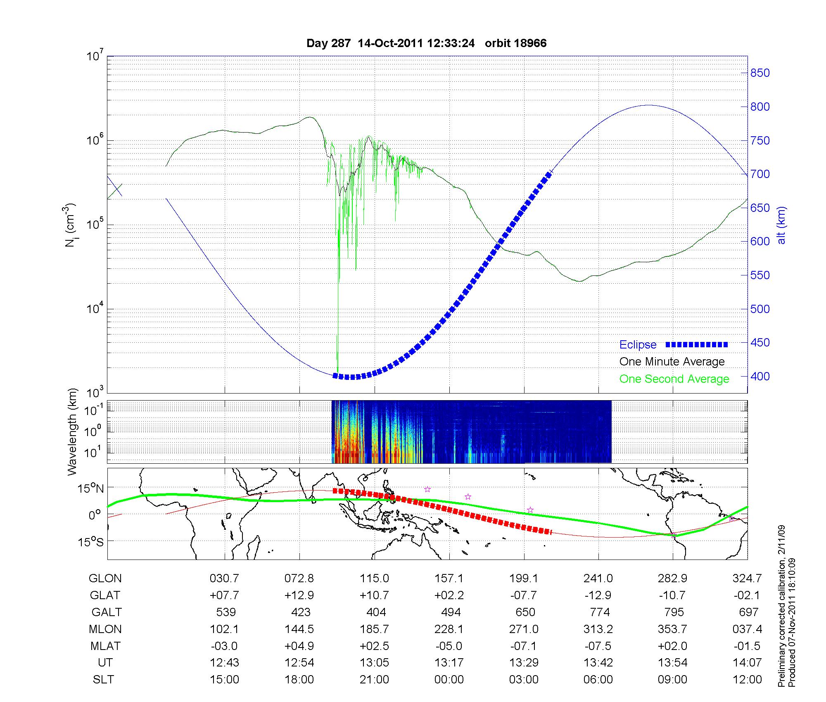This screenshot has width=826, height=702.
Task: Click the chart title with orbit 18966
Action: pyautogui.click(x=426, y=43)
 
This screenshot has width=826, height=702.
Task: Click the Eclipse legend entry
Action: pyautogui.click(x=638, y=345)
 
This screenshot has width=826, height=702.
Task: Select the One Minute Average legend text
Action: pyautogui.click(x=672, y=362)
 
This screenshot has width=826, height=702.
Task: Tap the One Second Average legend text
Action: pyautogui.click(x=674, y=379)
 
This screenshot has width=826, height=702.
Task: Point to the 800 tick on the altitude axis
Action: pyautogui.click(x=760, y=107)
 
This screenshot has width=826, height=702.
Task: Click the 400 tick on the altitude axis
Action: pyautogui.click(x=760, y=377)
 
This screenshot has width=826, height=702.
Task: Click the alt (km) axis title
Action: pyautogui.click(x=781, y=225)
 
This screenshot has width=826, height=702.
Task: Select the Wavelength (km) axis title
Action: pyautogui.click(x=72, y=432)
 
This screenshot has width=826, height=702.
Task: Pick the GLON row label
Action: pyautogui.click(x=105, y=579)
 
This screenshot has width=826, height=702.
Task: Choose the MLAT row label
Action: pyautogui.click(x=105, y=646)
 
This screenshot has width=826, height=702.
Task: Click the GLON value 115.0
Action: pyautogui.click(x=374, y=579)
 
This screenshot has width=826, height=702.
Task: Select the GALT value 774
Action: pyautogui.click(x=600, y=612)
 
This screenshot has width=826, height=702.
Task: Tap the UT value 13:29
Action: pyautogui.click(x=524, y=663)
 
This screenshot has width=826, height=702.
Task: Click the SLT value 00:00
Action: pyautogui.click(x=449, y=680)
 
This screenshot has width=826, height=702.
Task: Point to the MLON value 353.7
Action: pyautogui.click(x=672, y=629)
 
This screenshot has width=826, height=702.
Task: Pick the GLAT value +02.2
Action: pyautogui.click(x=449, y=595)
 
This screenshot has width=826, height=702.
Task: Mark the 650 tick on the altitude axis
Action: pyautogui.click(x=760, y=208)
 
